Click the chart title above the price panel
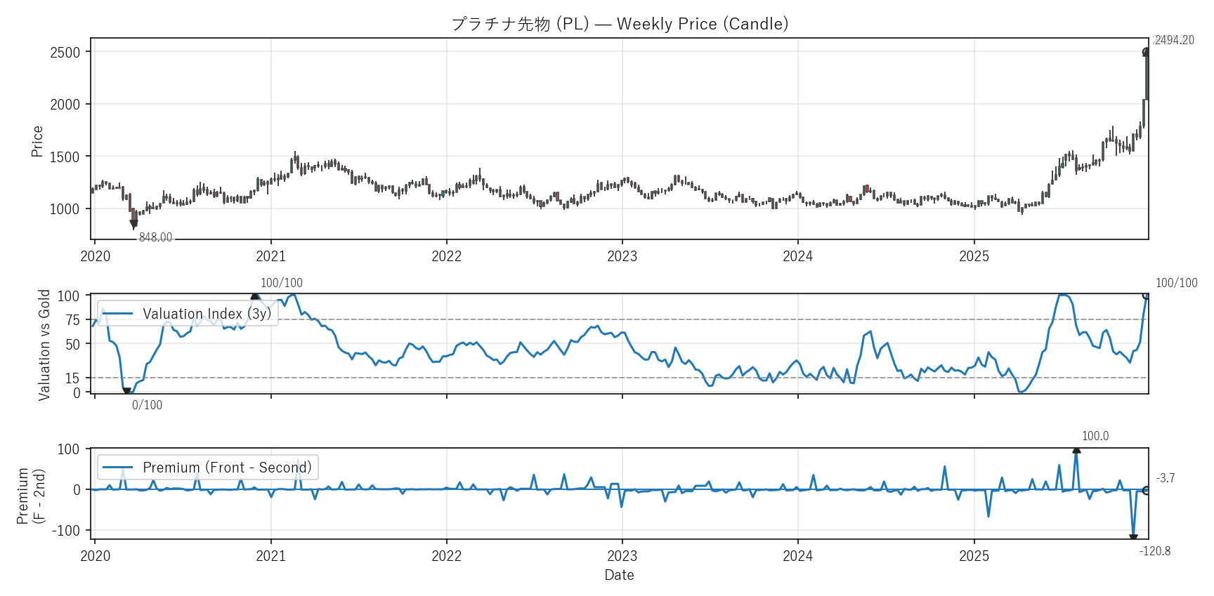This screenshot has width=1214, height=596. [x=620, y=24]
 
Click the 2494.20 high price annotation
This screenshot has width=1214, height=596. [x=1174, y=40]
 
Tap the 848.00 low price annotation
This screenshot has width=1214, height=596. [x=155, y=237]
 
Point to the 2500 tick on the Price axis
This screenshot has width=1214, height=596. [x=65, y=53]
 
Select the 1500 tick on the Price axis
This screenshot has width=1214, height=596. [x=65, y=157]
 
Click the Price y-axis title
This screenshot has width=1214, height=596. [x=37, y=141]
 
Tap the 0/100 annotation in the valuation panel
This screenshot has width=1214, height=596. [x=147, y=405]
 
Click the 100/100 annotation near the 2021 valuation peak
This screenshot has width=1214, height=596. [x=282, y=283]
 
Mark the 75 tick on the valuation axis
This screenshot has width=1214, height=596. [x=73, y=320]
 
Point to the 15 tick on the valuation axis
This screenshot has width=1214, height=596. [x=73, y=378]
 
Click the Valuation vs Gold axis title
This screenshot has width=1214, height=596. [x=44, y=345]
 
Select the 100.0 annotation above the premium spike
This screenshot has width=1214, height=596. [x=1095, y=436]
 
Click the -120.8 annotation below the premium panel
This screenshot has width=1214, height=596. [x=1155, y=551]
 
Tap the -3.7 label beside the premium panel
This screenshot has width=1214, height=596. [x=1165, y=478]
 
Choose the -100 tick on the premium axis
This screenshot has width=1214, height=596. [x=66, y=531]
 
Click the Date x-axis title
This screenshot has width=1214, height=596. [x=619, y=575]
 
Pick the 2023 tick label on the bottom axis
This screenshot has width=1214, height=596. [x=622, y=556]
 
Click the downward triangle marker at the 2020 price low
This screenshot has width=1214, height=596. [x=133, y=224]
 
